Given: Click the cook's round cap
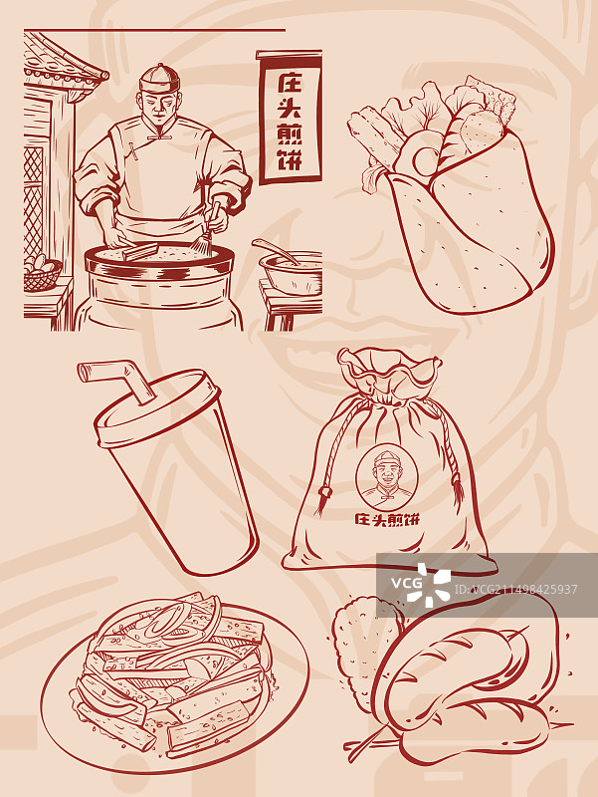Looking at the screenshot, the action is coord(160,79).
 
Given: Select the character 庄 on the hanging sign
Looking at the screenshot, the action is coord(290,84).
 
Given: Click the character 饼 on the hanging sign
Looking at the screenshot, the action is coord(290,159).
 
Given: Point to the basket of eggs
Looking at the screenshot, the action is coord(42,273).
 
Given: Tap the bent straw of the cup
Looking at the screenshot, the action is coord(115,379).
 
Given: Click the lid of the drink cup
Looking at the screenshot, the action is coord(157,406).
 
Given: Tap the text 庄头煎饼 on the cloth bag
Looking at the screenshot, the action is coord(387,519).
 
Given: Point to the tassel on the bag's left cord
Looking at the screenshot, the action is coord(322,501).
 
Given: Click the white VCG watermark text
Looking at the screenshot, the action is coord(406,583).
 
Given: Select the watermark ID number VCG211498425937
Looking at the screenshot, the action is coord(515,590).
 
